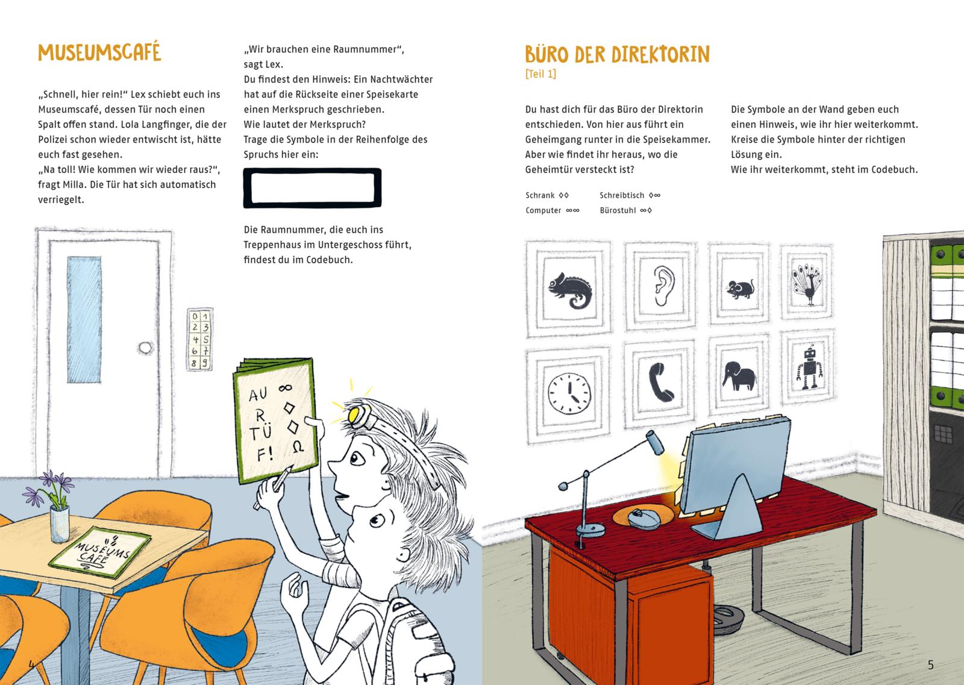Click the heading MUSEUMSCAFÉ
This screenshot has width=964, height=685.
[x=99, y=53]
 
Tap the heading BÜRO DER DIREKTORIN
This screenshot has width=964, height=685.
[x=617, y=55]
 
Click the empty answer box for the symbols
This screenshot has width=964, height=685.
[x=312, y=188]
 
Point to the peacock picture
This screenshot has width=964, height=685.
[x=807, y=286]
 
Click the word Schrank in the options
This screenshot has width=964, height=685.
[x=540, y=195]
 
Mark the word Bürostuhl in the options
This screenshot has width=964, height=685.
[x=618, y=210]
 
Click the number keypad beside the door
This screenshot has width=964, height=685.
[x=199, y=339]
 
